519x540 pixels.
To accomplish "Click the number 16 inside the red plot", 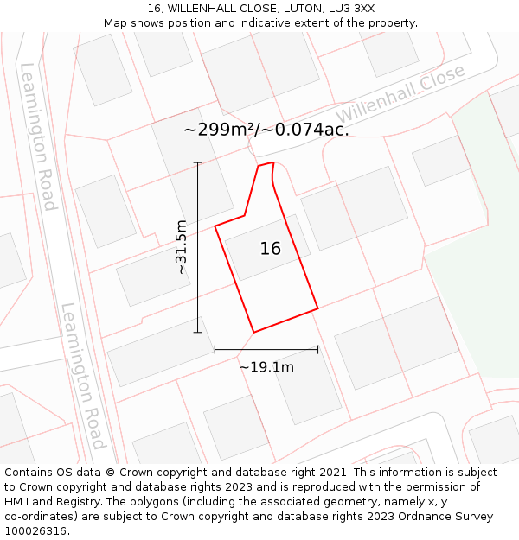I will [271, 249].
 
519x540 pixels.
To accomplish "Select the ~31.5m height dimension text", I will [181, 247].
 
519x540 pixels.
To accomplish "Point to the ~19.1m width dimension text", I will [266, 367].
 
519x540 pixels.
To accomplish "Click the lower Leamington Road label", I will [84, 376].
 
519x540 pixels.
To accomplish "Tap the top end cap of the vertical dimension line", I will [197, 162].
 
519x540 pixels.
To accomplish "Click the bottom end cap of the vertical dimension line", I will [197, 332].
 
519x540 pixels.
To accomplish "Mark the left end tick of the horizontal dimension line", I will [215, 350].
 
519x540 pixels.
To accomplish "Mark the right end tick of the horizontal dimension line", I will [318, 350].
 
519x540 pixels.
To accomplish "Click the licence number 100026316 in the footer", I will [35, 531].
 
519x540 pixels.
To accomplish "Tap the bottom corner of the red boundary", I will [253, 332].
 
